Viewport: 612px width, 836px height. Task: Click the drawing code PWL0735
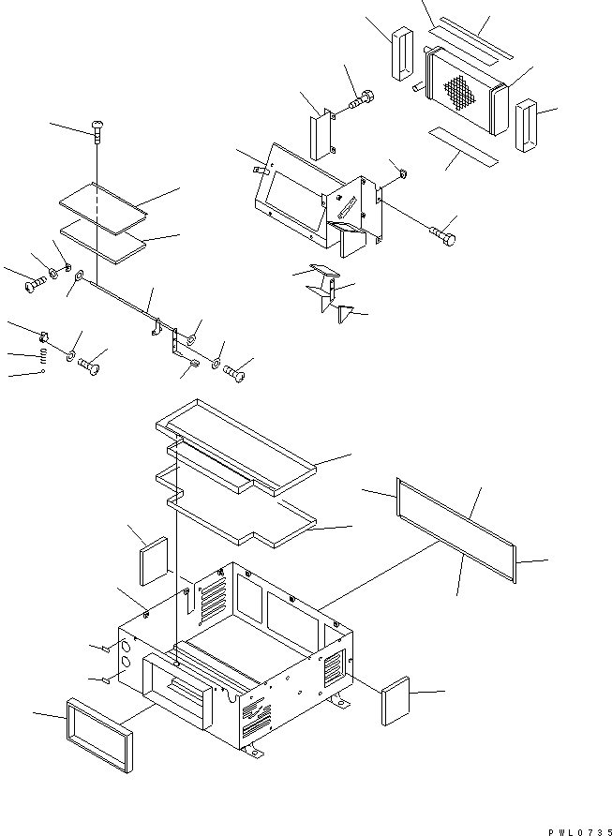click(575, 829)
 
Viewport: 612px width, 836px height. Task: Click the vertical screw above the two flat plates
click(97, 131)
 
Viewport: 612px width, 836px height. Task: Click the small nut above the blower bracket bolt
click(399, 173)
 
